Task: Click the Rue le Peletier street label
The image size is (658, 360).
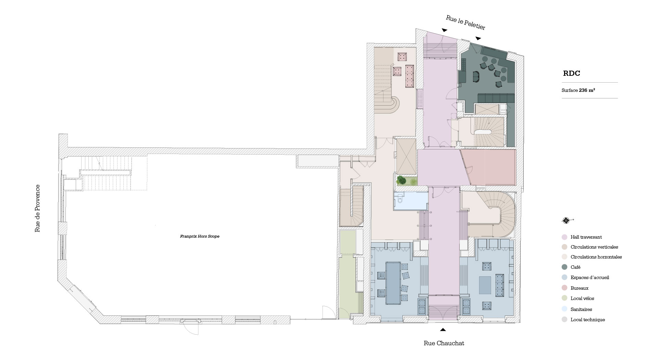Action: tap(465, 22)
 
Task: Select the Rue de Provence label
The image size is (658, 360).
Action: tap(37, 208)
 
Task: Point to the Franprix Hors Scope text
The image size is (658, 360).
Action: tap(199, 236)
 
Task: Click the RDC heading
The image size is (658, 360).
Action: tap(571, 73)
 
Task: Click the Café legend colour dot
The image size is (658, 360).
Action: tap(564, 267)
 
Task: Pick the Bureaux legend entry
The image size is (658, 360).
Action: tap(579, 288)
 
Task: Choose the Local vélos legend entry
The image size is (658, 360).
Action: tap(582, 299)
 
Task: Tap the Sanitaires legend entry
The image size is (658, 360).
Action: tap(581, 309)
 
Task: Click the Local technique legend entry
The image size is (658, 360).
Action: tap(587, 320)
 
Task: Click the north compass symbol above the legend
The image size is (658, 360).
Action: tap(566, 220)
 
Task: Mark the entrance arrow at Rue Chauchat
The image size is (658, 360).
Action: tap(443, 330)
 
